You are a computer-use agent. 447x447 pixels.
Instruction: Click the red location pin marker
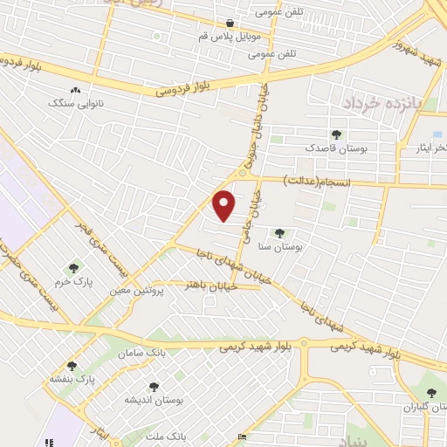tap(224, 205)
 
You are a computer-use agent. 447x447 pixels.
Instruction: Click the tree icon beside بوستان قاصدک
tap(336, 134)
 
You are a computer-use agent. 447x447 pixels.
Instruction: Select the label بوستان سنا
tap(280, 248)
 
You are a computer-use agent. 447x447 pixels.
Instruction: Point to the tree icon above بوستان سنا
tap(279, 233)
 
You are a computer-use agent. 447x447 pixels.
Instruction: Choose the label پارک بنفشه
tap(72, 381)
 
